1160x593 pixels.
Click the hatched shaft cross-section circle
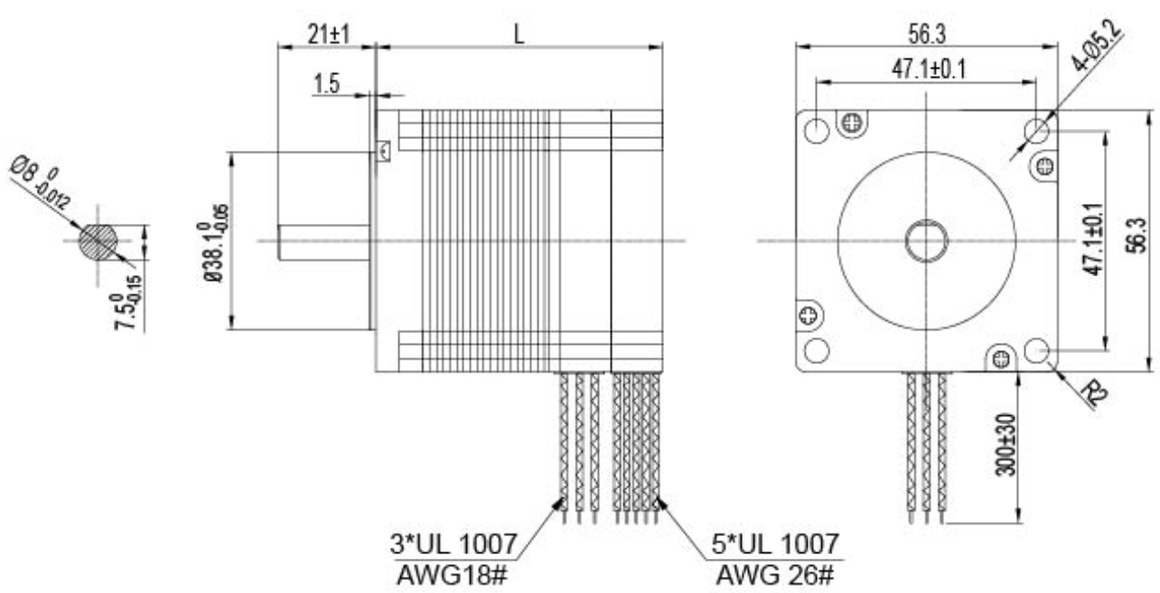click(x=97, y=241)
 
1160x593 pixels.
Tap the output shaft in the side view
click(x=323, y=242)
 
